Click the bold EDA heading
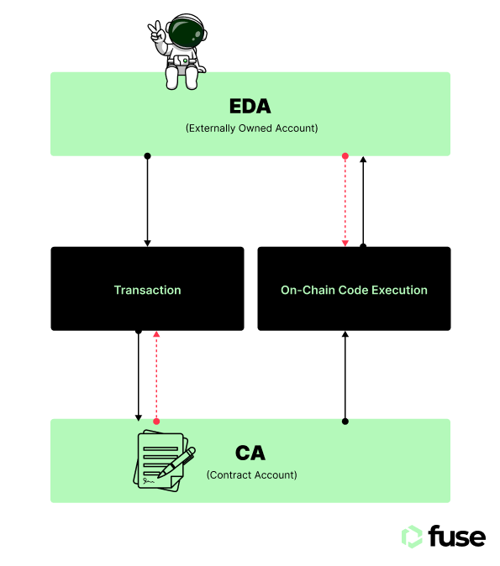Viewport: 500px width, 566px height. click(x=250, y=106)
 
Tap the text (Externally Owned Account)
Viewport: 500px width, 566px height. click(x=251, y=128)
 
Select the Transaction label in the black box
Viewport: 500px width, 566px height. click(x=147, y=290)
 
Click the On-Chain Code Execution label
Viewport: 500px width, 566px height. click(x=354, y=290)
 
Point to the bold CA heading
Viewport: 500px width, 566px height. click(x=250, y=453)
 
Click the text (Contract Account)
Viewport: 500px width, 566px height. click(x=251, y=474)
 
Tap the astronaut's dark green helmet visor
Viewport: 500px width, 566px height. click(x=186, y=33)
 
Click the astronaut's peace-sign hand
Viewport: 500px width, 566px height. click(x=156, y=32)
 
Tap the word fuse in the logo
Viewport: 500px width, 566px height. click(x=457, y=537)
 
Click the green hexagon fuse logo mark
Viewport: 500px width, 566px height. click(x=412, y=537)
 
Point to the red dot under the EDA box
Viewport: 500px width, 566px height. click(x=345, y=156)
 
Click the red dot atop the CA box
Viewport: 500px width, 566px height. click(x=156, y=422)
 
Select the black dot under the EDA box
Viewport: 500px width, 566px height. click(x=147, y=156)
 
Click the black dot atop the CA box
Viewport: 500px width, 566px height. click(x=345, y=422)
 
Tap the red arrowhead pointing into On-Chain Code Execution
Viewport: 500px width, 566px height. click(x=345, y=244)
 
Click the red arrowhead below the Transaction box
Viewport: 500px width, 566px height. click(x=156, y=334)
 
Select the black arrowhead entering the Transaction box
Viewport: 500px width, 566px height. click(x=147, y=244)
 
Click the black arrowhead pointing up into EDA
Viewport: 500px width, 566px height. click(x=363, y=160)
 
